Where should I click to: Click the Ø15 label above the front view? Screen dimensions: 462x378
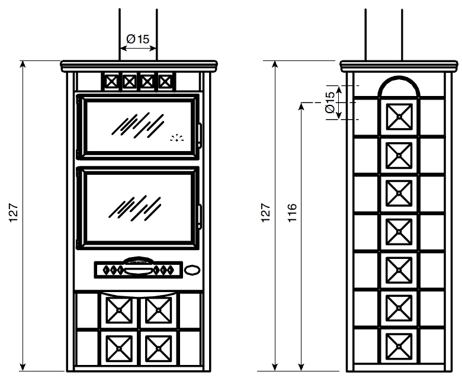pyautogui.click(x=137, y=39)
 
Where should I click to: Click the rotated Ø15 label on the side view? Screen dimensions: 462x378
pyautogui.click(x=330, y=102)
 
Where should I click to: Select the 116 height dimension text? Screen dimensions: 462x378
pyautogui.click(x=291, y=213)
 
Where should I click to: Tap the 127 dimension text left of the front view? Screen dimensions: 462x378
pyautogui.click(x=13, y=213)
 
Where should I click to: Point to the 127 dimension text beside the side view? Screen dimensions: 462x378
pyautogui.click(x=265, y=213)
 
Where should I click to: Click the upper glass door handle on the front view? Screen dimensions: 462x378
pyautogui.click(x=200, y=135)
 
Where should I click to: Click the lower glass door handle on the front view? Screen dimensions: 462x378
pyautogui.click(x=200, y=216)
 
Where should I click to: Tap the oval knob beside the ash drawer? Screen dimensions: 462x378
pyautogui.click(x=192, y=270)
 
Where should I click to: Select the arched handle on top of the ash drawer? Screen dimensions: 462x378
pyautogui.click(x=138, y=261)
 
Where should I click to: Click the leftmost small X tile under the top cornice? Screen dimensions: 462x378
pyautogui.click(x=111, y=82)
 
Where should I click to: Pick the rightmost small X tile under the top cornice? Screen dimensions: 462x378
pyautogui.click(x=165, y=82)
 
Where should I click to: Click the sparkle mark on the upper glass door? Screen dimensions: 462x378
pyautogui.click(x=177, y=138)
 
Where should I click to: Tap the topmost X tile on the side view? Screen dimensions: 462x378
pyautogui.click(x=399, y=116)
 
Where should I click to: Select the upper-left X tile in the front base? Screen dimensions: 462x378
pyautogui.click(x=119, y=310)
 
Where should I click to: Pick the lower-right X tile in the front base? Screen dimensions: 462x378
pyautogui.click(x=159, y=348)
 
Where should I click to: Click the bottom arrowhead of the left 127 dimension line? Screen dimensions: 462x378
pyautogui.click(x=23, y=367)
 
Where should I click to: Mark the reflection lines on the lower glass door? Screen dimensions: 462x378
pyautogui.click(x=135, y=208)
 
